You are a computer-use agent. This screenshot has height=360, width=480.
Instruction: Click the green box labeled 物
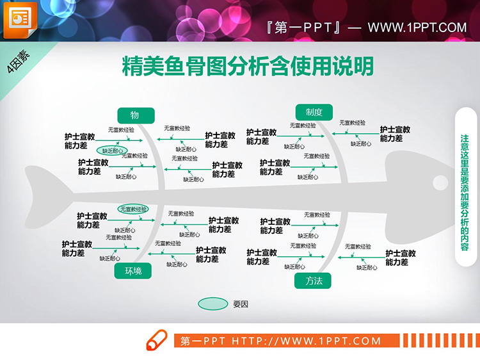tap(136, 115)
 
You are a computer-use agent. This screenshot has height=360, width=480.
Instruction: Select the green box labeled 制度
tap(314, 112)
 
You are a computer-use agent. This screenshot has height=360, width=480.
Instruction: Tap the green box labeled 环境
tap(133, 272)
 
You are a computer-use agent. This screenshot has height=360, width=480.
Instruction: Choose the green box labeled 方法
tap(314, 281)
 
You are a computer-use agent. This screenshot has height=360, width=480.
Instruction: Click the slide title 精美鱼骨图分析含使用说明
tap(247, 66)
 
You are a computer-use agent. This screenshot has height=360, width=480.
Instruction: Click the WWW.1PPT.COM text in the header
tap(417, 27)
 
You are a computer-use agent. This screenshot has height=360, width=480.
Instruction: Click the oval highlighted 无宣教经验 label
tap(132, 209)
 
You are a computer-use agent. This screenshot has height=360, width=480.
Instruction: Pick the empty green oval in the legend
tap(212, 304)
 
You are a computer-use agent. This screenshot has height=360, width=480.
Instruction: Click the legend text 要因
tap(241, 304)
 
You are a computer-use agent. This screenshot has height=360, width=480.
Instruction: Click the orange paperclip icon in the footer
tap(157, 340)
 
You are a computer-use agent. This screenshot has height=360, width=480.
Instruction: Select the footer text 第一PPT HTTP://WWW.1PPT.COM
tap(281, 341)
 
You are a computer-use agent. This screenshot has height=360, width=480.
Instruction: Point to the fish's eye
tap(440, 181)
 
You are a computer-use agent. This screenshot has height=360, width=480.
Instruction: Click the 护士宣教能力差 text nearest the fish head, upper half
tap(395, 134)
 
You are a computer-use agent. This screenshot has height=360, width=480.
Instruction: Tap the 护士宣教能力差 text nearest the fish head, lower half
tap(401, 258)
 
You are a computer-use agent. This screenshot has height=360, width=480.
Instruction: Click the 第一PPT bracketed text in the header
tap(304, 28)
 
